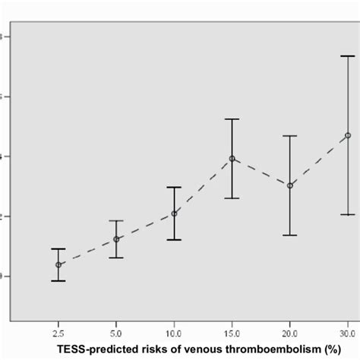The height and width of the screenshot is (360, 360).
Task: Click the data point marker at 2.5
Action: pyautogui.click(x=58, y=264)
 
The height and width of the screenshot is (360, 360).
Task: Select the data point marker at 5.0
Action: pyautogui.click(x=116, y=239)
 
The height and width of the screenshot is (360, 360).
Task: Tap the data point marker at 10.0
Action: pyautogui.click(x=174, y=213)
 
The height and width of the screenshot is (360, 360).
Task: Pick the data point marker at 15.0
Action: pyautogui.click(x=232, y=159)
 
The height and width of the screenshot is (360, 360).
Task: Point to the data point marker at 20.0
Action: pyautogui.click(x=290, y=185)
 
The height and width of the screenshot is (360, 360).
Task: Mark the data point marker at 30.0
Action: pyautogui.click(x=348, y=135)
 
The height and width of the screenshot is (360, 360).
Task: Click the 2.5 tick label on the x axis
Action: pyautogui.click(x=58, y=333)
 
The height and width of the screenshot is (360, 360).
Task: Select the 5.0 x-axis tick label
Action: pyautogui.click(x=116, y=333)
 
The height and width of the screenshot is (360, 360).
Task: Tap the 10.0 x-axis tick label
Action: pyautogui.click(x=174, y=333)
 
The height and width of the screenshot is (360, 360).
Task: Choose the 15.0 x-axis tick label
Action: pyautogui.click(x=232, y=333)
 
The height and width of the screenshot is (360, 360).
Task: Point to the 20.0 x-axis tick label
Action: pyautogui.click(x=290, y=333)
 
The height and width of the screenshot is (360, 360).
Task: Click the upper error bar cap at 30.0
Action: pyautogui.click(x=348, y=56)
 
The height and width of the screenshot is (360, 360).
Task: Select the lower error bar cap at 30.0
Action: pyautogui.click(x=348, y=215)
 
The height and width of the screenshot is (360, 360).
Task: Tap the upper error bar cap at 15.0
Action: pyautogui.click(x=232, y=119)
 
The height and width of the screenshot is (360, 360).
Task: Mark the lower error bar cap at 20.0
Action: pyautogui.click(x=290, y=235)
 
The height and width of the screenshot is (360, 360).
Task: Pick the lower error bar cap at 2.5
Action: pyautogui.click(x=58, y=281)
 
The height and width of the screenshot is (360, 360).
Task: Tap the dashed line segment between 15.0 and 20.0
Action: pyautogui.click(x=261, y=172)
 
